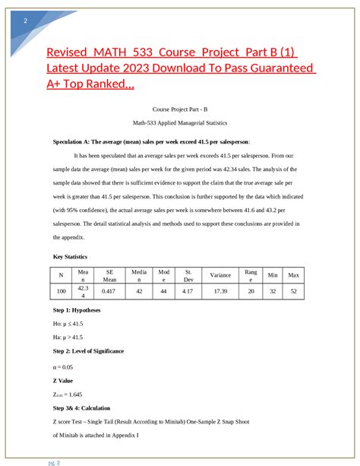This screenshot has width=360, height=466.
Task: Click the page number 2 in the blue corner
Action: click(26, 21)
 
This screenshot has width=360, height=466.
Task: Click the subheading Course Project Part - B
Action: click(179, 110)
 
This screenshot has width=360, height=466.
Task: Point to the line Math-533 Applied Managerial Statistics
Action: click(179, 122)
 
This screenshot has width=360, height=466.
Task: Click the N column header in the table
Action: click(61, 274)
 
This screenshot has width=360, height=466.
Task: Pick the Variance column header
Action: click(220, 274)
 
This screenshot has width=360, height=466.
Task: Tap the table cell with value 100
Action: click(61, 291)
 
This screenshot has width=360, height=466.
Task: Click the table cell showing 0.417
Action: click(109, 291)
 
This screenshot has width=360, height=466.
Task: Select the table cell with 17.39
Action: click(220, 291)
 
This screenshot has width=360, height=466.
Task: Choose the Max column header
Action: click(293, 274)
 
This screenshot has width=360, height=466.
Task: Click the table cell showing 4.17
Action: click(188, 291)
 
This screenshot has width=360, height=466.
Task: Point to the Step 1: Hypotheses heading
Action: click(77, 310)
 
